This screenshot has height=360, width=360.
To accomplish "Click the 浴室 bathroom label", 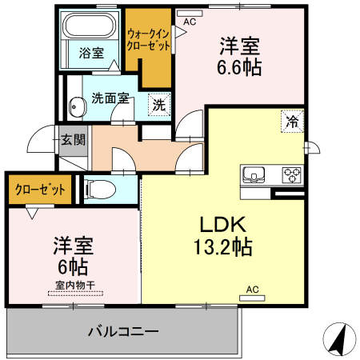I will pos(91,54).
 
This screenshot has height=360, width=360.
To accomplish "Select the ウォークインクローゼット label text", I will pos(148,40).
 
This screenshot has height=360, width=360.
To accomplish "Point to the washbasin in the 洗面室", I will pos(78,105).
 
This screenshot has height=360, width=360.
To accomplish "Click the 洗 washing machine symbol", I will pos(159,104).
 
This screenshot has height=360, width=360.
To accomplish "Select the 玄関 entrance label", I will pos(73,138).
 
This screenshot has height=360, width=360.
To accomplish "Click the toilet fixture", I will pos(101,190).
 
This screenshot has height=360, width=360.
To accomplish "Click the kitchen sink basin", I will pos(256,174).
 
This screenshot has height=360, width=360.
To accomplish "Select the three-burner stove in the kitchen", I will pos(289,174).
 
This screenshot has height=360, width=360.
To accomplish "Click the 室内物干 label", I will pos(75,286).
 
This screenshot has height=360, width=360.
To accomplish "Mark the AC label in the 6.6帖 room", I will pos(190,22).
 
